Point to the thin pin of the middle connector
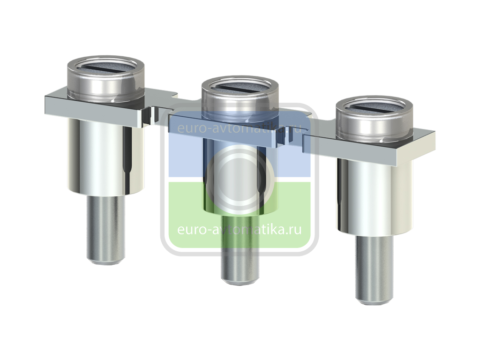(240, 249)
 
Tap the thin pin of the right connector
(374, 270)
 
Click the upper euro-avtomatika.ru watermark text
(240, 128)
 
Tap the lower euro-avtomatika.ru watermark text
(240, 229)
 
